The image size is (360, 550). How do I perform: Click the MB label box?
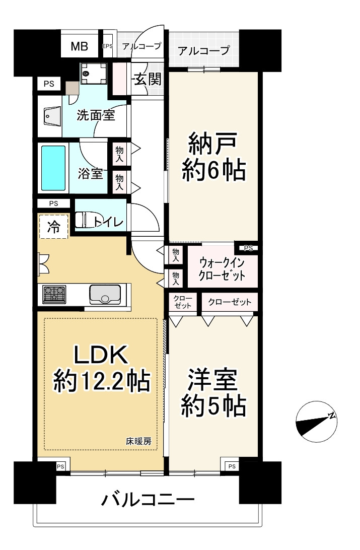click(x=79, y=47)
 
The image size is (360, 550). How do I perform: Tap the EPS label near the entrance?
click(x=107, y=46)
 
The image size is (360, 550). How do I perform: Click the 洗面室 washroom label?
click(x=96, y=115)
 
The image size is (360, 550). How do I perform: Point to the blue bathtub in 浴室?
click(x=53, y=168)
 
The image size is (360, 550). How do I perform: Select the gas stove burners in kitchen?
click(x=55, y=294)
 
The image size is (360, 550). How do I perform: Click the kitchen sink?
click(x=105, y=294)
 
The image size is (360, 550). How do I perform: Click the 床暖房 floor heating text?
click(x=138, y=442)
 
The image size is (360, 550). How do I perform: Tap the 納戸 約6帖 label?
click(x=214, y=157)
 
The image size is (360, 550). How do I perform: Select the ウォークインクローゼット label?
click(x=222, y=269)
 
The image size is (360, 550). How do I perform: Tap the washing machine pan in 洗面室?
click(x=94, y=75)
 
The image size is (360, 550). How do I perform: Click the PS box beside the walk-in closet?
click(x=248, y=248)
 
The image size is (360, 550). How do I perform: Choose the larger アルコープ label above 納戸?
click(x=204, y=50)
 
